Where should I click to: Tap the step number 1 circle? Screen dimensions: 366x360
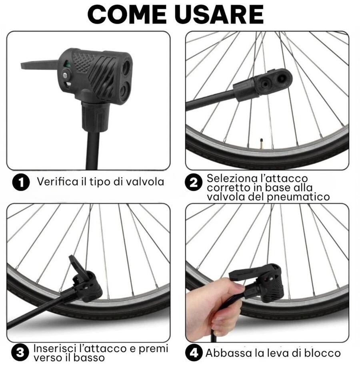tap(21, 183)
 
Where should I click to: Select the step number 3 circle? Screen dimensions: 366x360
tap(21, 353)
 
